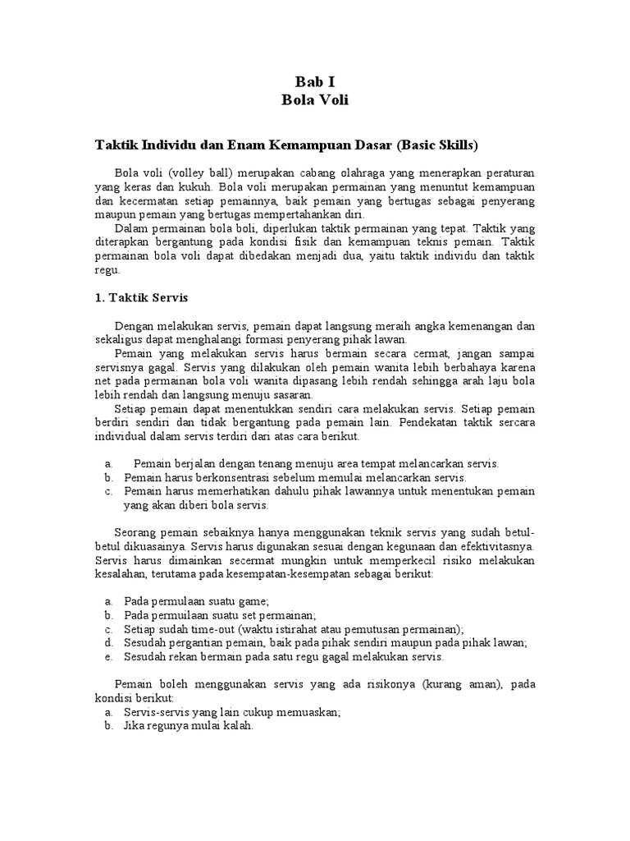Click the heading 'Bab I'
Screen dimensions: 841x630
[316, 81]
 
